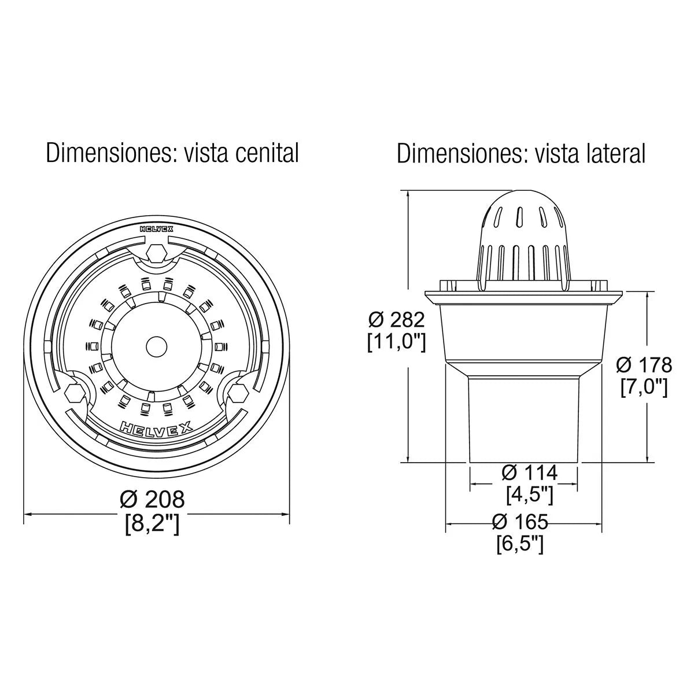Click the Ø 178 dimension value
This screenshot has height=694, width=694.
pyautogui.click(x=644, y=365)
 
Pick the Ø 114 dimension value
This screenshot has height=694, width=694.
pyautogui.click(x=530, y=473)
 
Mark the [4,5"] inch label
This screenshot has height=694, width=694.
pyautogui.click(x=530, y=494)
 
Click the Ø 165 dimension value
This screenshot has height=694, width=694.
pyautogui.click(x=520, y=522)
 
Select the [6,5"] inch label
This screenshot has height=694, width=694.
pyautogui.click(x=520, y=544)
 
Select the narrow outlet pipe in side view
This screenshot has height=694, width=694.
pyautogui.click(x=523, y=419)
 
